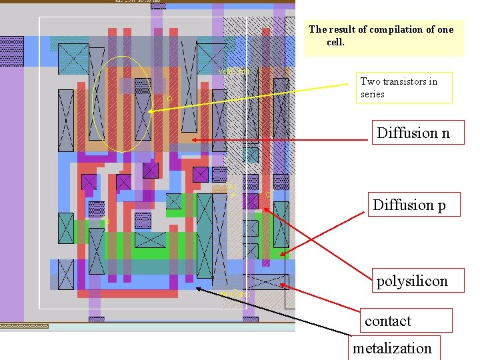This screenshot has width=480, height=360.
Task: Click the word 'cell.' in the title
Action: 335,42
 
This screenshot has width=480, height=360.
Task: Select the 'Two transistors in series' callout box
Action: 405,87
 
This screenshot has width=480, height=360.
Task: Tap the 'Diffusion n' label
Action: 413,133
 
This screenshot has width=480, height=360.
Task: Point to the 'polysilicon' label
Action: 411,281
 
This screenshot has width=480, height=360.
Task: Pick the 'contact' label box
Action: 406,321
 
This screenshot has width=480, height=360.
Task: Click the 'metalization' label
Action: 392,348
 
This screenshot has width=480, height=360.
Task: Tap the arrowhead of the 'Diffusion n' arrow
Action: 192,140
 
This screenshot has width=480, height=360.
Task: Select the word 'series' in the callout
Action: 373,94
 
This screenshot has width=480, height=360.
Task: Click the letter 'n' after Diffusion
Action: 445,133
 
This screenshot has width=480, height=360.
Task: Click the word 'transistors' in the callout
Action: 404,81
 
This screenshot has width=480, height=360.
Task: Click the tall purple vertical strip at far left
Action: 11,200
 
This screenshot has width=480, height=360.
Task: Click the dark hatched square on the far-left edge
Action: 11,51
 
